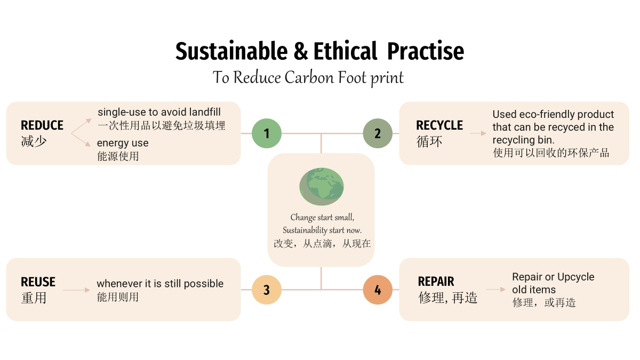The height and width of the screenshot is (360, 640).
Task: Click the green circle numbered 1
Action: (267, 133)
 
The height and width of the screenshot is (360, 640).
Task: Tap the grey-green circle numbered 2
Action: (378, 133)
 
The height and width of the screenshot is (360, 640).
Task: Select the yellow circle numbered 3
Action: (267, 290)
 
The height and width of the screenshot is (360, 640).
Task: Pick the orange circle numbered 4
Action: (378, 290)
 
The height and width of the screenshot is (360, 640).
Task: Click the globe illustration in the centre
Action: (322, 187)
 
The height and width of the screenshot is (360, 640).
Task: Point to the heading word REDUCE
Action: (42, 125)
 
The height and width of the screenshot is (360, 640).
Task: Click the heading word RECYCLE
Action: (439, 125)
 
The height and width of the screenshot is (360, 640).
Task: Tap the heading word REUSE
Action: (38, 282)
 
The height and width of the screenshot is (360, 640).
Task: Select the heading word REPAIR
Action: (436, 282)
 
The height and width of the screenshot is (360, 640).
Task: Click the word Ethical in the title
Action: (346, 51)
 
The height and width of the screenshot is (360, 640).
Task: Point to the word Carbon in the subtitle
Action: (309, 77)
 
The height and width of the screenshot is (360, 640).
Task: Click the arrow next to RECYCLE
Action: (478, 133)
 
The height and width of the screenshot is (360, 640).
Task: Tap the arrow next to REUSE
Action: (76, 290)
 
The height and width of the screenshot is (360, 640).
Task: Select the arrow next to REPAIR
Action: (495, 290)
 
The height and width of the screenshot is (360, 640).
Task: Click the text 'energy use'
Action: (123, 143)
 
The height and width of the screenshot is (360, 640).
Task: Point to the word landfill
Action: (205, 112)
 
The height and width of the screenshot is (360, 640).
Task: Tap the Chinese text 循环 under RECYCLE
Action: (429, 141)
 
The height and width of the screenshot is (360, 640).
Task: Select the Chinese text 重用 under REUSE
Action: (34, 298)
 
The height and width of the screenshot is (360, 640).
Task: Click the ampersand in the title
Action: (301, 51)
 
